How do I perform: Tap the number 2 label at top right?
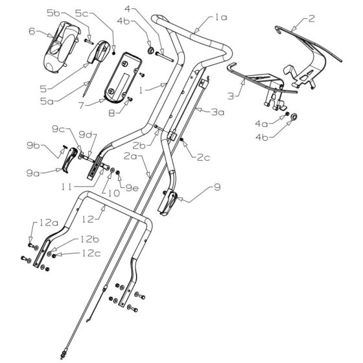click(311, 19)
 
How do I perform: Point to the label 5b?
click(71, 12)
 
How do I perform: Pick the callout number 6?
click(31, 30)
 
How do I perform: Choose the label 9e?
click(131, 187)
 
